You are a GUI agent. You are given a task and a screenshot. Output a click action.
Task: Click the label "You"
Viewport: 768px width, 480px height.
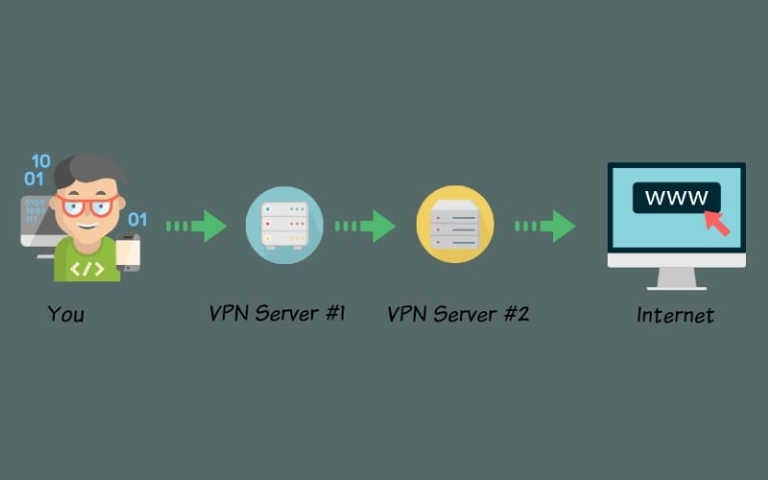[x=66, y=314]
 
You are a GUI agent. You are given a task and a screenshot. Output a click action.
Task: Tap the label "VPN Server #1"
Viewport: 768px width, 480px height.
[x=277, y=314]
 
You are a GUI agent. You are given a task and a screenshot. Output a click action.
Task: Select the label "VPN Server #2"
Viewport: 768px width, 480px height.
[x=458, y=314]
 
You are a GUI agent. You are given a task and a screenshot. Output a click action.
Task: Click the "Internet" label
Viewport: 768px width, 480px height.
[x=676, y=314]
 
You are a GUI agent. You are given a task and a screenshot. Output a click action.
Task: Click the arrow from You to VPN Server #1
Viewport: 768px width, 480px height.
[x=197, y=227]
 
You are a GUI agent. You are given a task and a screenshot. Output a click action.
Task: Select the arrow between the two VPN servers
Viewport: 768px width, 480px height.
[x=366, y=227]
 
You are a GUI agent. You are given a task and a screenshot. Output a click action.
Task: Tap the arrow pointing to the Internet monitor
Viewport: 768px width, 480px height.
[x=545, y=227]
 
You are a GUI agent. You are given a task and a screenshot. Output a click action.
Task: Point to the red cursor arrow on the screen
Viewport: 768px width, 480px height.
[x=716, y=222]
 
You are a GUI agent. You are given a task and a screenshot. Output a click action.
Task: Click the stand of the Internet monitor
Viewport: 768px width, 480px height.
[x=677, y=277]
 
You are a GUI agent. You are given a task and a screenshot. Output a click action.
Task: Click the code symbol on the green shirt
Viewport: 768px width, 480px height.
[x=86, y=267]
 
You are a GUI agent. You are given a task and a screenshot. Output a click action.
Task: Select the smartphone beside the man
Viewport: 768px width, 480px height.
[x=130, y=253]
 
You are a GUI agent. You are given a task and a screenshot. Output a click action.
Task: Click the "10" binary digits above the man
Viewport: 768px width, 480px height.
[x=40, y=160]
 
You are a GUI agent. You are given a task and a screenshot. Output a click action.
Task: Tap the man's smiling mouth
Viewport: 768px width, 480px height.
[x=88, y=227]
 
